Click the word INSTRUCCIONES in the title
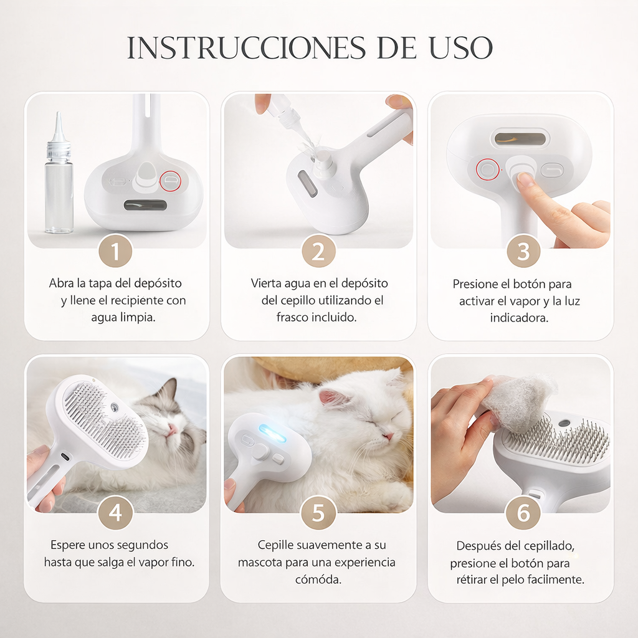(242, 48)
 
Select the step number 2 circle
(318, 252)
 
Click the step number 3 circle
(523, 252)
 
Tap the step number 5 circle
(318, 513)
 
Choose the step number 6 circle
(523, 513)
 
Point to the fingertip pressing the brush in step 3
(525, 179)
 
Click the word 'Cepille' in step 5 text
(277, 545)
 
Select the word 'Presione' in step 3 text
(475, 284)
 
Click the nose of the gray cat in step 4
(173, 429)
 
